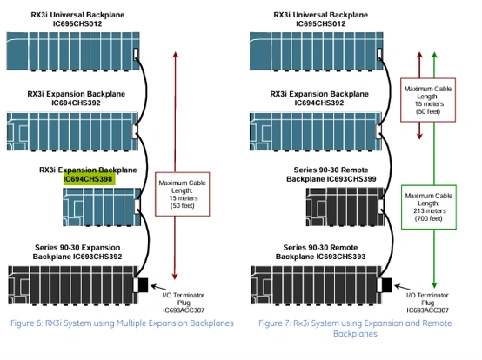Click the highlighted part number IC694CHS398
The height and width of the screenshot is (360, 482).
pos(88,179)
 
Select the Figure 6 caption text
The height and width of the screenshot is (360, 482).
pos(122,323)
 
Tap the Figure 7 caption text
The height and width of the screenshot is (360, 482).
pos(355,328)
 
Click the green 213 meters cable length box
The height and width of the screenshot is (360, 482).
pos(429,207)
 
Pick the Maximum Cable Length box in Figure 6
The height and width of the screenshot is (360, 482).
pos(183,194)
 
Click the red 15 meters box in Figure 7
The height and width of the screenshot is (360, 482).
pos(428,100)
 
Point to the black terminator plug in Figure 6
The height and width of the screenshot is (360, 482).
pos(144,284)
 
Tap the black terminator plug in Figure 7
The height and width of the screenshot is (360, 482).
pos(386,284)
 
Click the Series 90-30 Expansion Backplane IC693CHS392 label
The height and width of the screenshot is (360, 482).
pos(77,252)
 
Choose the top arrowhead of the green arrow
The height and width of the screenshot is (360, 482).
pos(434,55)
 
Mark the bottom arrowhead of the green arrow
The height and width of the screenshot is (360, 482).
pos(434,284)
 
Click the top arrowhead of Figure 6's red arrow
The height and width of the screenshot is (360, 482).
pos(176,55)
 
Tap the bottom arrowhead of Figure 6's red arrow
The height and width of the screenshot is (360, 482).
pos(175,277)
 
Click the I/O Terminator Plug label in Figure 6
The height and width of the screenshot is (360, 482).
pos(184,298)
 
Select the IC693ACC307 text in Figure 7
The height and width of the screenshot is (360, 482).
pos(427,310)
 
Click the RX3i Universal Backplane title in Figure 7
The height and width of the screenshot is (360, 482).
pos(321,19)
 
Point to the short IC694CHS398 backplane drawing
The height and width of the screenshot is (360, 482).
pos(102,207)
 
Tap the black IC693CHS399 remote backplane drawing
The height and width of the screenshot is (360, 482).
pos(345,207)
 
